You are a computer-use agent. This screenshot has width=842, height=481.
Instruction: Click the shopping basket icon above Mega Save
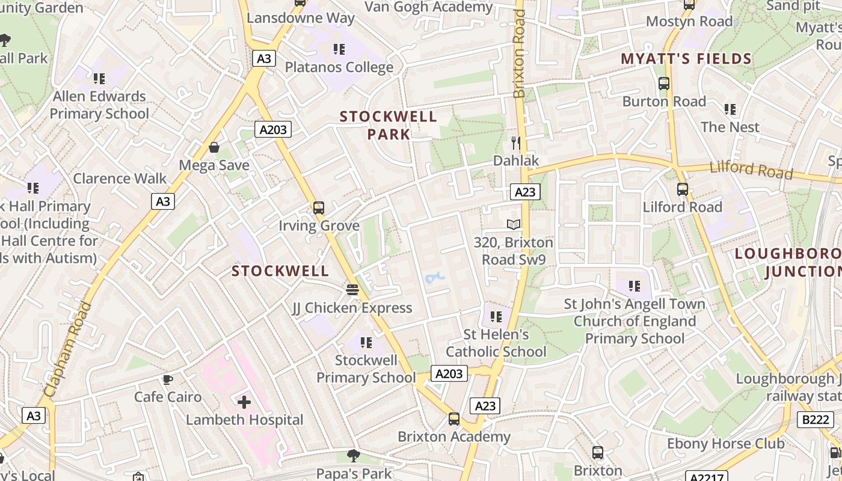tap(214, 147)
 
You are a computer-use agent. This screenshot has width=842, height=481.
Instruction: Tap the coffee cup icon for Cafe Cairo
tap(168, 379)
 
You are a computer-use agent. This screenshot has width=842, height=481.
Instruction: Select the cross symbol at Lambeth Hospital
tap(244, 402)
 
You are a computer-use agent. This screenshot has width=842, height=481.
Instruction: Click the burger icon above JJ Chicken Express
tap(352, 290)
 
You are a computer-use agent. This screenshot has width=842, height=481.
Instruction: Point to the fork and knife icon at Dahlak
tap(515, 142)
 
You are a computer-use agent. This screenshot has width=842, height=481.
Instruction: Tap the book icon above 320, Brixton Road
tap(514, 225)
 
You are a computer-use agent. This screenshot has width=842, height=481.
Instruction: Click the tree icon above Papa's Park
tap(354, 456)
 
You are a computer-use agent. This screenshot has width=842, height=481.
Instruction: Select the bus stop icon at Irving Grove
tap(319, 208)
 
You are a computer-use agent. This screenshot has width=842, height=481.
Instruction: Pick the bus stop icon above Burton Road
tap(664, 84)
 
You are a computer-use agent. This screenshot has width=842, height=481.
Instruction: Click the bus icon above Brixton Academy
tap(454, 419)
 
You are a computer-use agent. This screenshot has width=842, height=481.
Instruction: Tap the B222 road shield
tap(816, 419)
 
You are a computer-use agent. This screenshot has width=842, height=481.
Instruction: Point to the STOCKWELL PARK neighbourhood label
tap(389, 125)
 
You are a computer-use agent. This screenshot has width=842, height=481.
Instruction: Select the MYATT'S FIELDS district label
tap(686, 59)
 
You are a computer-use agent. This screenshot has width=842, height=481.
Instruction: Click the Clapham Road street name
tap(68, 349)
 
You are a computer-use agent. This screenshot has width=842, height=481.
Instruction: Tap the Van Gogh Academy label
tap(429, 7)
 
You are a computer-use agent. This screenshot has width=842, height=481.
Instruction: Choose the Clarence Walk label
tap(120, 179)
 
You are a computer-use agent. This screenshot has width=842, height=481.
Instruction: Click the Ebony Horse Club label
tap(725, 444)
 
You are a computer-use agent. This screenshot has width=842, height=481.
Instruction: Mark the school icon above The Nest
tap(730, 109)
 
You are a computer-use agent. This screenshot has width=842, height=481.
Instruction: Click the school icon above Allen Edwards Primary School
tap(99, 78)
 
